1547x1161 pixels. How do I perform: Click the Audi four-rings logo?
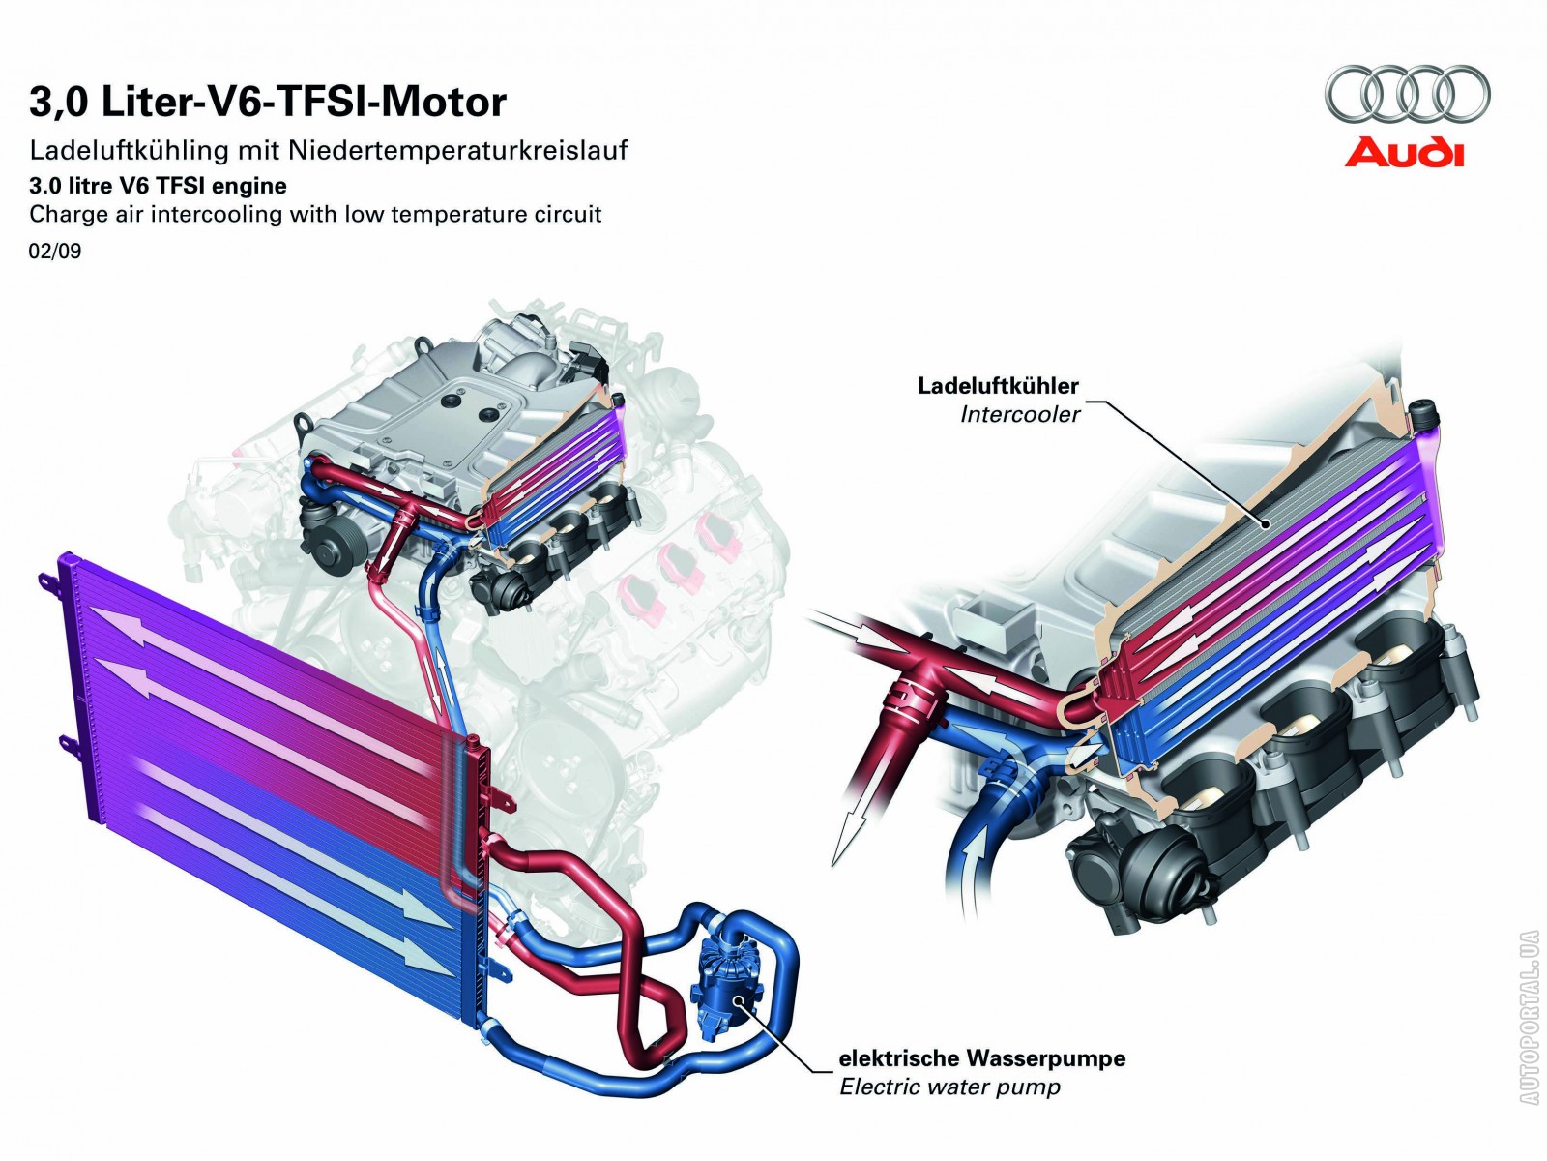pyautogui.click(x=1407, y=94)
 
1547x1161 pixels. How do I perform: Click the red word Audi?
pyautogui.click(x=1404, y=153)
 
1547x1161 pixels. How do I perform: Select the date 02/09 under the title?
pyautogui.click(x=55, y=252)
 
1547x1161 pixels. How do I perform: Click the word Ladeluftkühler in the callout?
pyautogui.click(x=998, y=386)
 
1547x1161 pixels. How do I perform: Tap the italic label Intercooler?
pyautogui.click(x=1020, y=415)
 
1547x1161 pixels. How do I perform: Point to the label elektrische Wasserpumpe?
pyautogui.click(x=981, y=1058)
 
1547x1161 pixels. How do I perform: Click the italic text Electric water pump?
pyautogui.click(x=949, y=1087)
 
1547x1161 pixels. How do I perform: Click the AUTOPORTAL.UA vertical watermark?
pyautogui.click(x=1529, y=1016)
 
